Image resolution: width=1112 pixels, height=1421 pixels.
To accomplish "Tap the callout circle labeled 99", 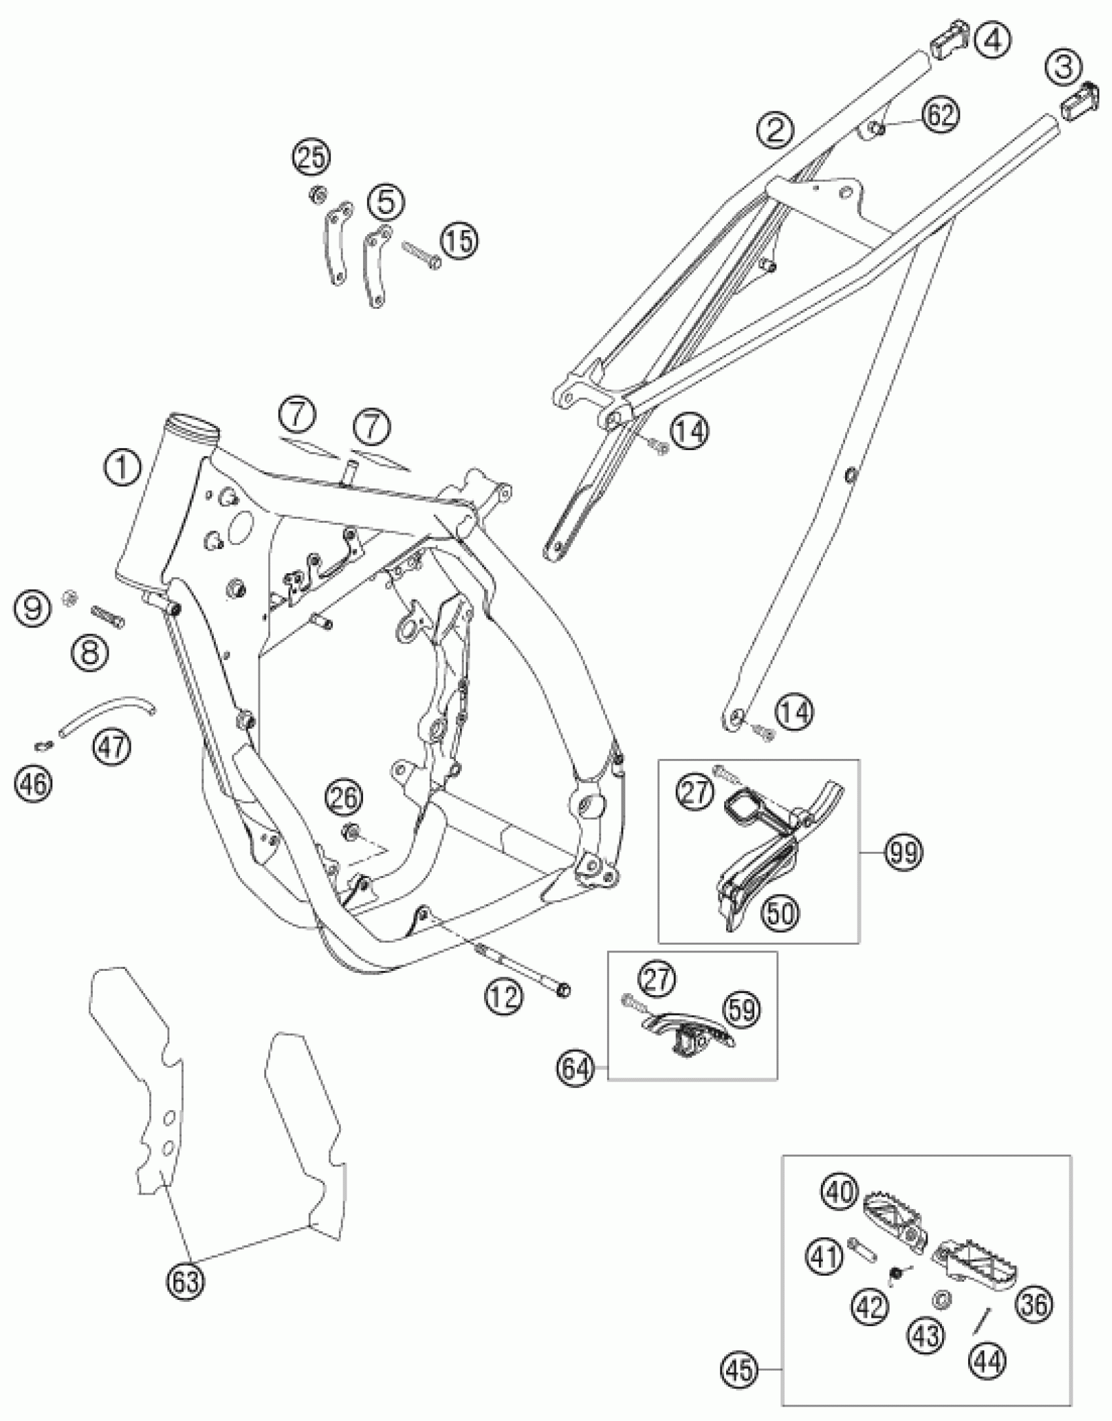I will coord(903,853).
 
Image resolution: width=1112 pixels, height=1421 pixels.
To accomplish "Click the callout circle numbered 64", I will coord(575,1069).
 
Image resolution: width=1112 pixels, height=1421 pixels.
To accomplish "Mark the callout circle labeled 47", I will coord(112,746).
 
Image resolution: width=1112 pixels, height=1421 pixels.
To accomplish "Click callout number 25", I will coord(311,158).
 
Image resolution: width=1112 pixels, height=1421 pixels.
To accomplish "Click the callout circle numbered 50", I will coord(780,912).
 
